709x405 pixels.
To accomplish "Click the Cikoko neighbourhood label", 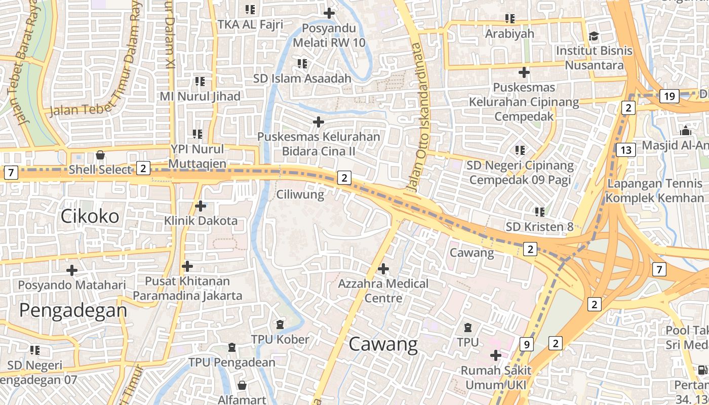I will (x=90, y=216).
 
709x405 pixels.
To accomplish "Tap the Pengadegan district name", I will (x=73, y=310).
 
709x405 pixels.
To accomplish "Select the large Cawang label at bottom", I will (x=383, y=345).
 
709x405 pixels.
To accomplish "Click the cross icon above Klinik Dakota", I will (x=201, y=206).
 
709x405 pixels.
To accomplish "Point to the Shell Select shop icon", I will (x=100, y=154).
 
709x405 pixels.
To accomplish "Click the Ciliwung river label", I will (x=300, y=194).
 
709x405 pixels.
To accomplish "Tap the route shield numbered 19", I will (x=669, y=96).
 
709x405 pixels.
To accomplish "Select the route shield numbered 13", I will (x=626, y=150).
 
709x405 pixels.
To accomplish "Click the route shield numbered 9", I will (x=527, y=345).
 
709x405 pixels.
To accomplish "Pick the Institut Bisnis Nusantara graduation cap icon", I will (x=594, y=36).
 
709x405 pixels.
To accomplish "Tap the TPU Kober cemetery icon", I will (x=280, y=324).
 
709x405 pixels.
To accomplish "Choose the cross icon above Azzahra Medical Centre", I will (x=383, y=268).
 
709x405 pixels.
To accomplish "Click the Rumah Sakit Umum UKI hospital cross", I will (x=495, y=355).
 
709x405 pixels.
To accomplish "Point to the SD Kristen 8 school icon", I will (x=540, y=211).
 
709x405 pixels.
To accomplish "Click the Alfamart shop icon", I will (x=242, y=385).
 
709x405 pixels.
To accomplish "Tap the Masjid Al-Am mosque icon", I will (x=686, y=131).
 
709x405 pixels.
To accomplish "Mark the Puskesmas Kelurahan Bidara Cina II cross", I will (x=318, y=122).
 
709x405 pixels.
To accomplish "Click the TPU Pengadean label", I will (x=232, y=362).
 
